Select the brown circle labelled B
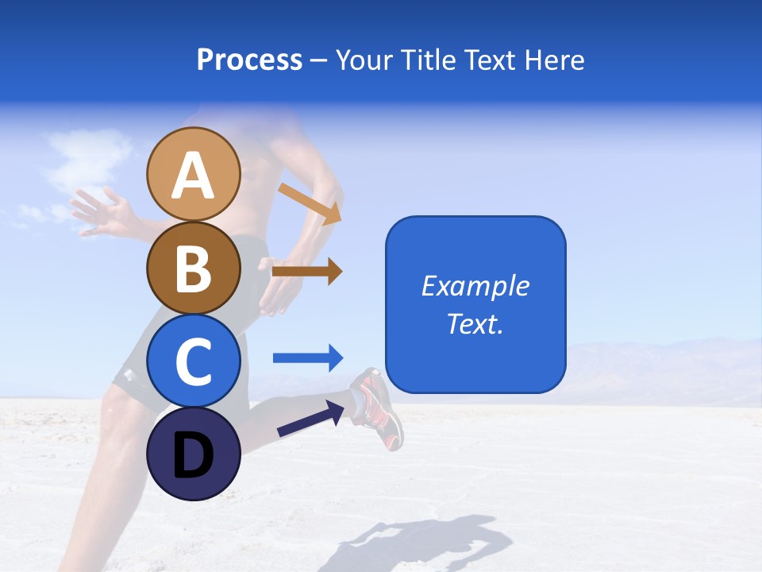tap(193, 268)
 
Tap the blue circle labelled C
tap(193, 361)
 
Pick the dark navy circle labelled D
tap(193, 454)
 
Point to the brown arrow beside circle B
tap(306, 272)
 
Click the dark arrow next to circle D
tap(310, 419)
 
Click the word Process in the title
tap(249, 60)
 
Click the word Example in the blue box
tap(475, 286)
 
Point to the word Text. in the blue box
tap(475, 323)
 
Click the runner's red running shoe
tap(379, 406)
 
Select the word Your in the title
tap(364, 60)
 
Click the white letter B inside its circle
tap(193, 269)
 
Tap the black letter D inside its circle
tap(193, 455)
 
